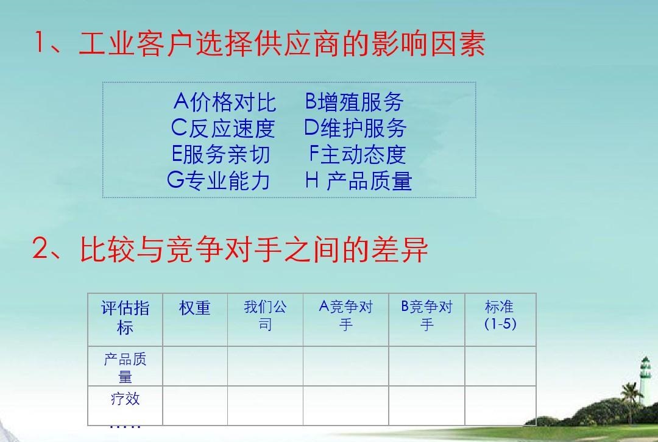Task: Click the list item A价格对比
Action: click(225, 102)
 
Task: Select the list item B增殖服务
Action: click(355, 102)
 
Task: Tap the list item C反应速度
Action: click(223, 128)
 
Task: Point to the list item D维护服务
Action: click(355, 128)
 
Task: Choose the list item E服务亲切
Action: click(221, 154)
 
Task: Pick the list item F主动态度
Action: click(358, 154)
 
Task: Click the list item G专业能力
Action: click(218, 180)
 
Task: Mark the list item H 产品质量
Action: click(359, 180)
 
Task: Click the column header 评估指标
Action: click(125, 318)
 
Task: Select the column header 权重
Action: click(195, 308)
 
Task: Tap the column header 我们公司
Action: click(265, 315)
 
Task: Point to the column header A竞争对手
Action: click(346, 315)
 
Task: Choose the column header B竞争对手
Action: click(426, 315)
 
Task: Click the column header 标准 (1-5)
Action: click(500, 315)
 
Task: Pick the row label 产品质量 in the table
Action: click(125, 368)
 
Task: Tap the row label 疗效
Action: click(125, 399)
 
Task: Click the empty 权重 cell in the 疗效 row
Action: click(195, 405)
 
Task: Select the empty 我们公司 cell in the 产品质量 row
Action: click(265, 366)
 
